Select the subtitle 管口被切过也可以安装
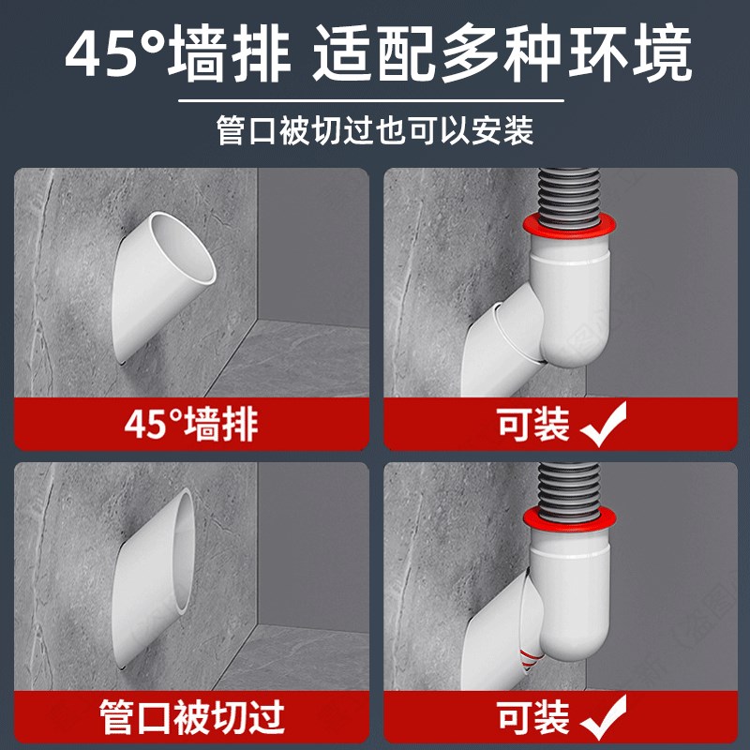pos(375,130)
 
